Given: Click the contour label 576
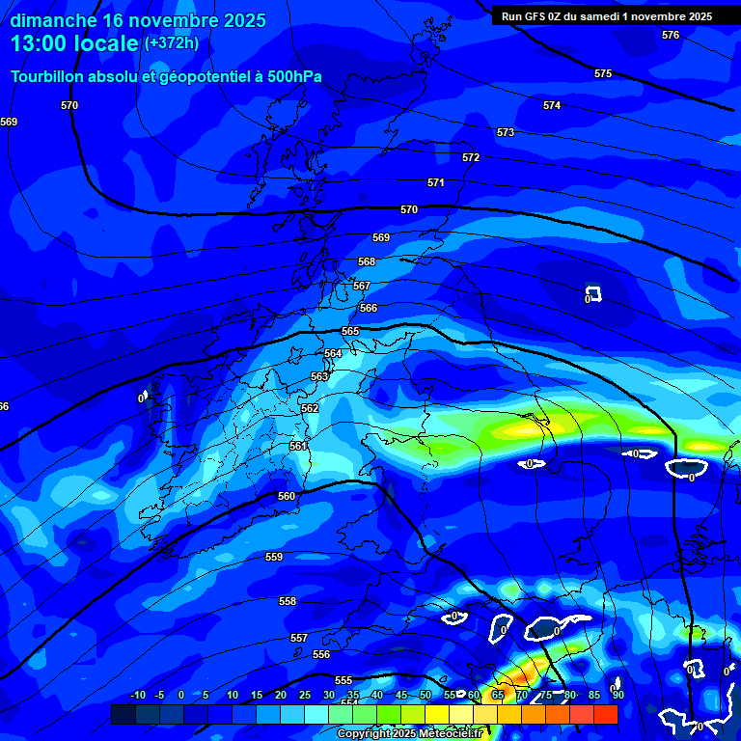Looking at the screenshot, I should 671,35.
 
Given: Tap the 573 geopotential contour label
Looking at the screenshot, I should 506,132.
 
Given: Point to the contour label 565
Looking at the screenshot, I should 350,331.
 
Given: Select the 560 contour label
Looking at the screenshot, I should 287,496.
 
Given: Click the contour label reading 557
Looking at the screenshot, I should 299,638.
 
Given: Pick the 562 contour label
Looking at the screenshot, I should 310,408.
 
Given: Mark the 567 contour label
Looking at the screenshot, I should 362,286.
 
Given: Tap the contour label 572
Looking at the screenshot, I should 471,157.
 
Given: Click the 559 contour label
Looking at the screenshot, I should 274,557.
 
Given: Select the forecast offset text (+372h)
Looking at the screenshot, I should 172,43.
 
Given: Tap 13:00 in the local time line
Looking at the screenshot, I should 43,43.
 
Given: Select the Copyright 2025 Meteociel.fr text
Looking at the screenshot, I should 410,734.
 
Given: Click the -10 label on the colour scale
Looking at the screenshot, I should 136,696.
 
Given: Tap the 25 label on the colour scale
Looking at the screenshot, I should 305,696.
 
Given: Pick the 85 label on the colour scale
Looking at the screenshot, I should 594,696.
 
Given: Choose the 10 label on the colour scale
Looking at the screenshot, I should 233,696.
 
